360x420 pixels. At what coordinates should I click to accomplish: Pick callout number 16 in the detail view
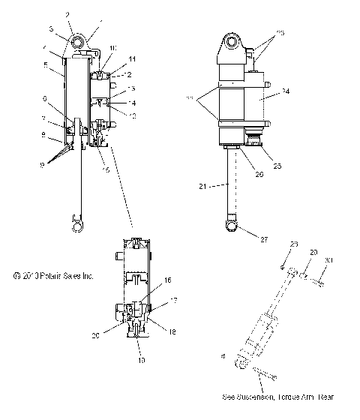click(x=167, y=279)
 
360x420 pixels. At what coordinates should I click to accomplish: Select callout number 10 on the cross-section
click(x=114, y=48)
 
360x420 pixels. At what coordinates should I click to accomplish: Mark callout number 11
click(x=132, y=58)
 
